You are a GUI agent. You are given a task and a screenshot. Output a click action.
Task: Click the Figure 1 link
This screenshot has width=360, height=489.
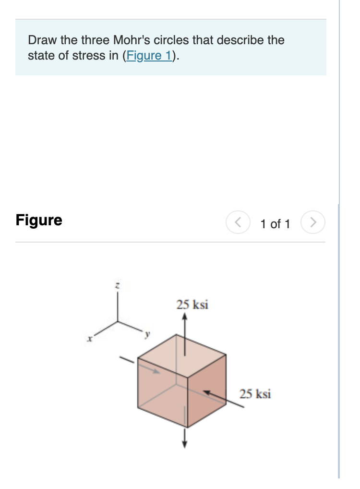pyautogui.click(x=149, y=56)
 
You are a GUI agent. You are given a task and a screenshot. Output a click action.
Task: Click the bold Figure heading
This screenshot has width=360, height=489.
pyautogui.click(x=39, y=220)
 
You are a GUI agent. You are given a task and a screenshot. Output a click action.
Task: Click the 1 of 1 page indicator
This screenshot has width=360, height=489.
pyautogui.click(x=275, y=224)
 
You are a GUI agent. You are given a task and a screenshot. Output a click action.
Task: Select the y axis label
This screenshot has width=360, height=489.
pyautogui.click(x=148, y=332)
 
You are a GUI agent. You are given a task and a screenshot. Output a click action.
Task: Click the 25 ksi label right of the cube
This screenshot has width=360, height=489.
pyautogui.click(x=255, y=394)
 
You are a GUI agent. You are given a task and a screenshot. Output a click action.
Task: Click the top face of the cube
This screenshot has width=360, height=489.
pyautogui.click(x=182, y=355)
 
